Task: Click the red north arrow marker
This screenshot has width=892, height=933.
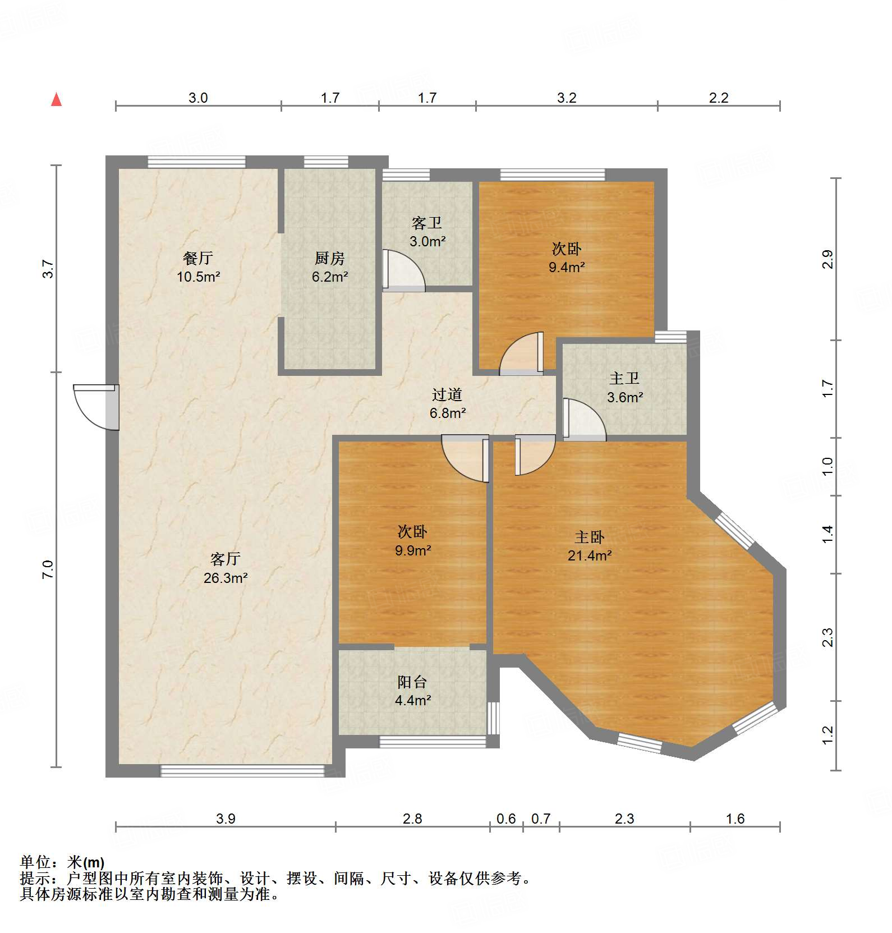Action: (56, 99)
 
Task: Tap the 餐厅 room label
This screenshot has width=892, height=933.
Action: (197, 259)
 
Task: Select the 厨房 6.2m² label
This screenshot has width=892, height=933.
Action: (330, 267)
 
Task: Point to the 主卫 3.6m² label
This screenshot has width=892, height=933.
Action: (624, 388)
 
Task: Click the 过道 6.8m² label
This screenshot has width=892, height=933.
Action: (447, 404)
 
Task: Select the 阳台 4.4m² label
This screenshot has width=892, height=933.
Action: (413, 691)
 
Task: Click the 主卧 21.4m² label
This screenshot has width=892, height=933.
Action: (589, 546)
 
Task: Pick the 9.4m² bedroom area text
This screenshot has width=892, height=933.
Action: (567, 268)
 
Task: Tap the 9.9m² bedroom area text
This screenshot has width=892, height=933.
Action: (413, 550)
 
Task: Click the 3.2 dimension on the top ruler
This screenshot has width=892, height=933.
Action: (567, 98)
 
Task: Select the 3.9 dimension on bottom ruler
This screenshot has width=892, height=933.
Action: (226, 819)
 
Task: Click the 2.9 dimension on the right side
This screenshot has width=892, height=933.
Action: (827, 259)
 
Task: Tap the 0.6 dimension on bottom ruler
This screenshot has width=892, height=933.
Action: (506, 819)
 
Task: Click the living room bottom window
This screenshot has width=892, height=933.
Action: (242, 770)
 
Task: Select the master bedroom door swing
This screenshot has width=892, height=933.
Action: (535, 455)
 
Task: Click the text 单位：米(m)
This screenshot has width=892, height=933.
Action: (62, 862)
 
